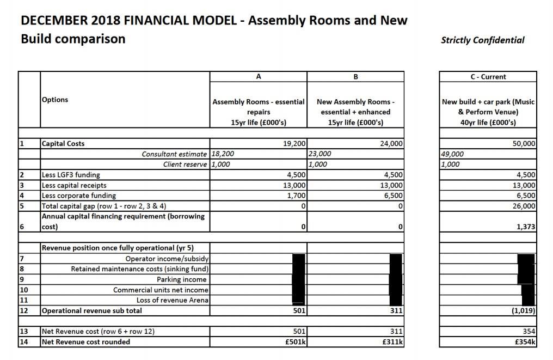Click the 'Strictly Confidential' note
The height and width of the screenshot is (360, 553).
click(x=483, y=40)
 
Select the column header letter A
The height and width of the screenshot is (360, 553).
click(x=259, y=77)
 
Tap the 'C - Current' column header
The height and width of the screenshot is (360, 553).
click(x=488, y=77)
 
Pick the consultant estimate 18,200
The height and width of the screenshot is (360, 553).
click(x=223, y=154)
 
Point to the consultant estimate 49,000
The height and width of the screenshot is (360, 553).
click(x=452, y=154)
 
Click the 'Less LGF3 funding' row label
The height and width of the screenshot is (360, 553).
click(x=71, y=175)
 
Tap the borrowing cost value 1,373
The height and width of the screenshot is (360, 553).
click(x=526, y=227)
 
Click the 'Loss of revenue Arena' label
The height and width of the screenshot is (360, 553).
click(x=173, y=300)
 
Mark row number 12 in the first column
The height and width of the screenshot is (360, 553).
click(x=24, y=310)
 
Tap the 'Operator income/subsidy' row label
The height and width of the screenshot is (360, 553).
click(x=167, y=259)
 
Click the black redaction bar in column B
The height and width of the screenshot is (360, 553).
click(x=396, y=279)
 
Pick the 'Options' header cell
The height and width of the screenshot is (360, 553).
click(x=55, y=100)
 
